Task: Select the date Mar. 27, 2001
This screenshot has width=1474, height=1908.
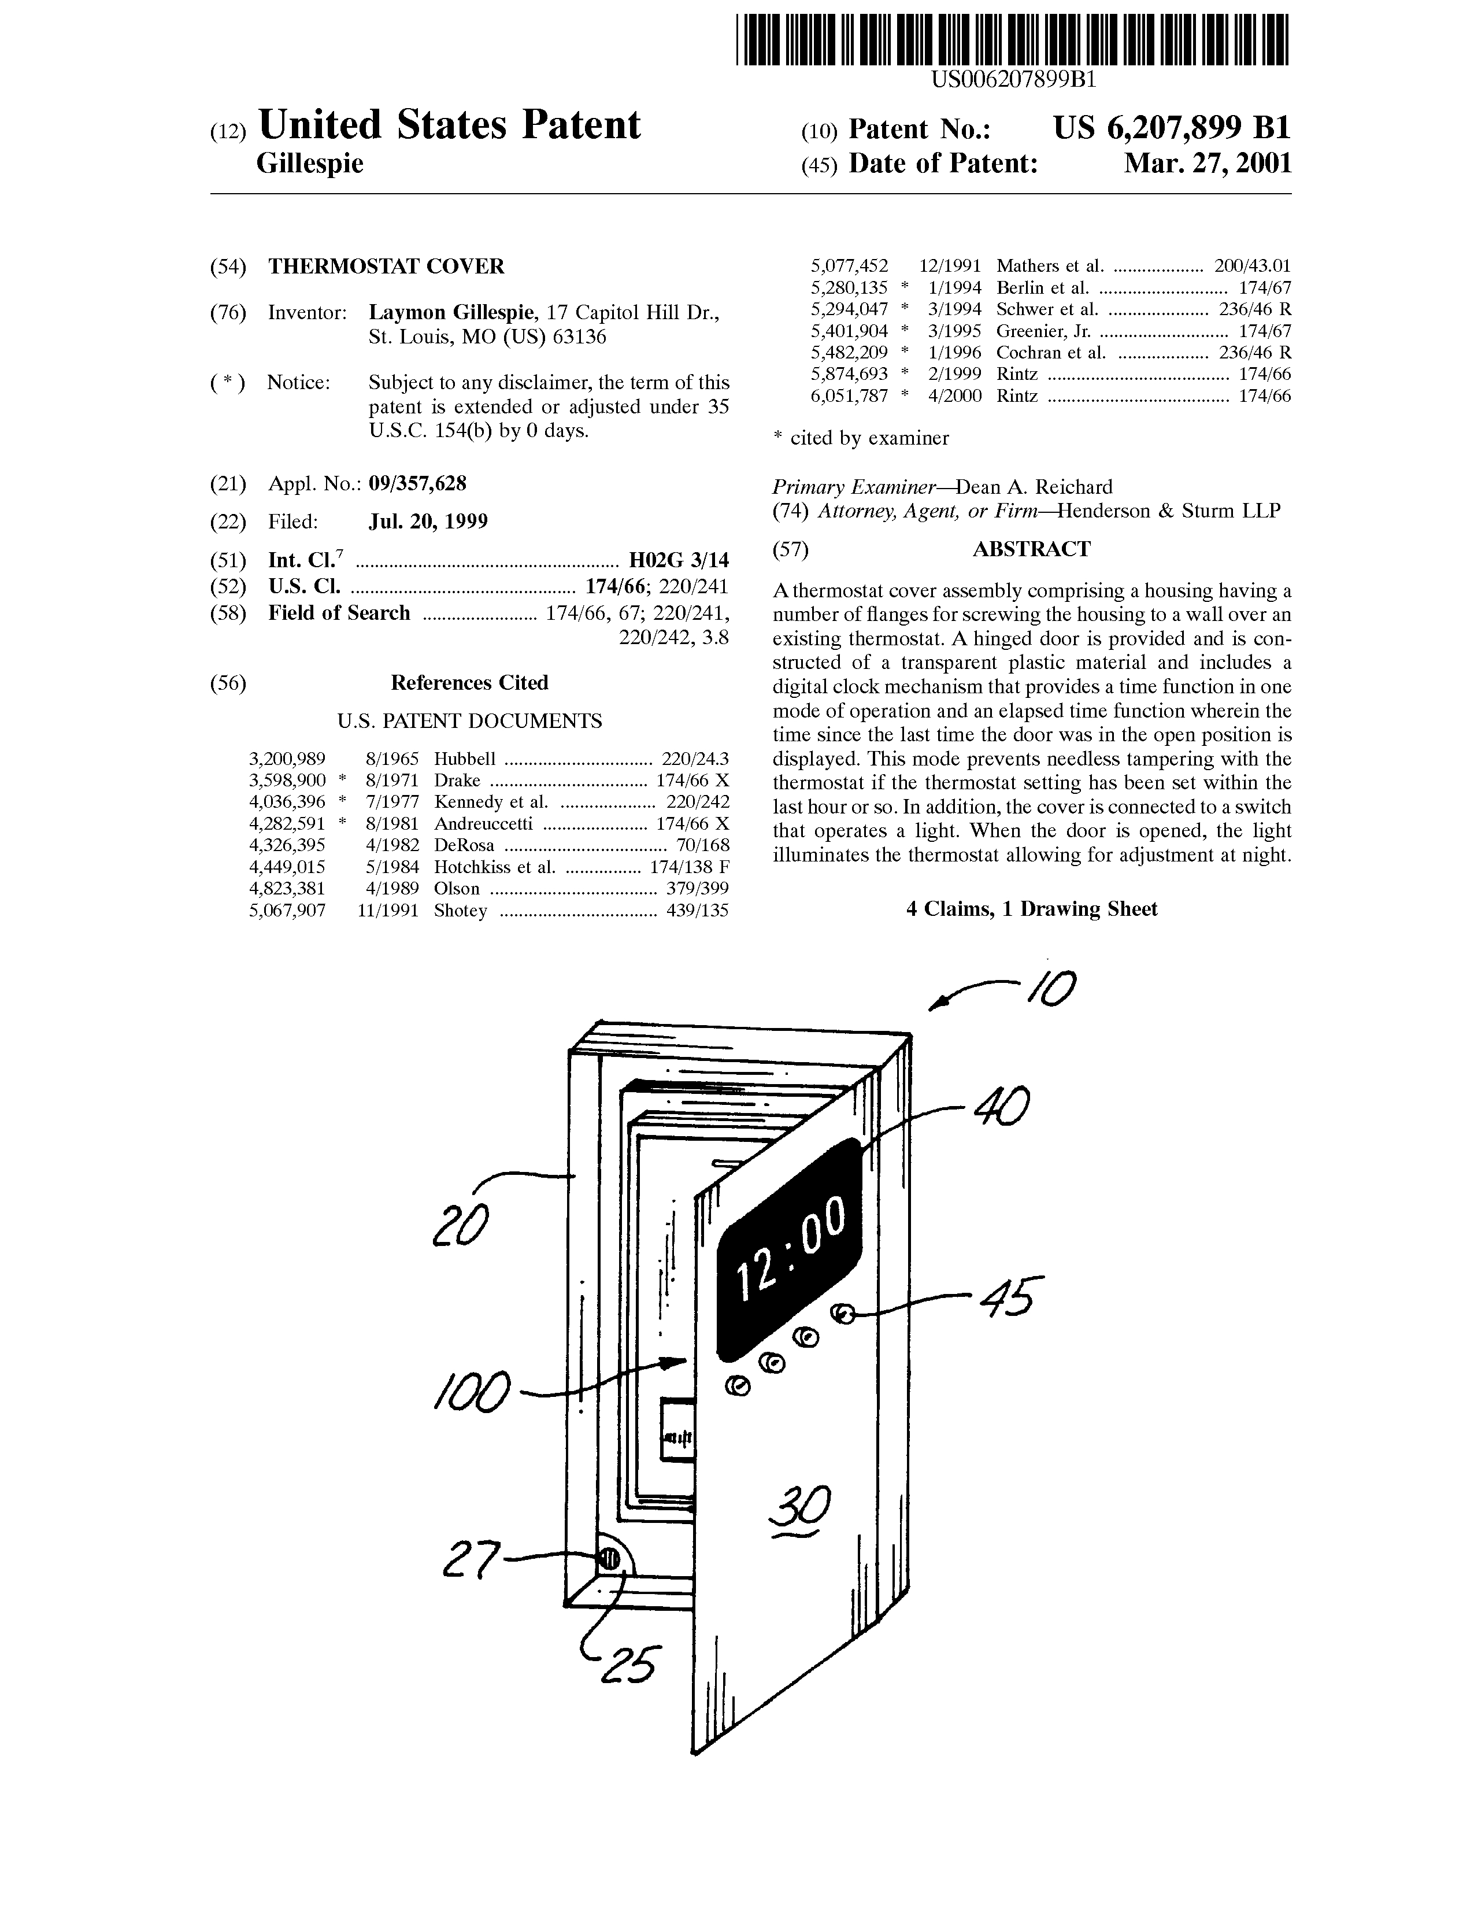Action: click(1207, 164)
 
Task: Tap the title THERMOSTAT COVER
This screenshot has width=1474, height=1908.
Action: click(386, 267)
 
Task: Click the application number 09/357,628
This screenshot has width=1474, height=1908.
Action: click(417, 484)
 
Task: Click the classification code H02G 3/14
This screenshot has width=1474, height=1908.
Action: click(679, 560)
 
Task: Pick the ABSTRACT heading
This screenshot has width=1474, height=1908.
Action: click(1031, 549)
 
